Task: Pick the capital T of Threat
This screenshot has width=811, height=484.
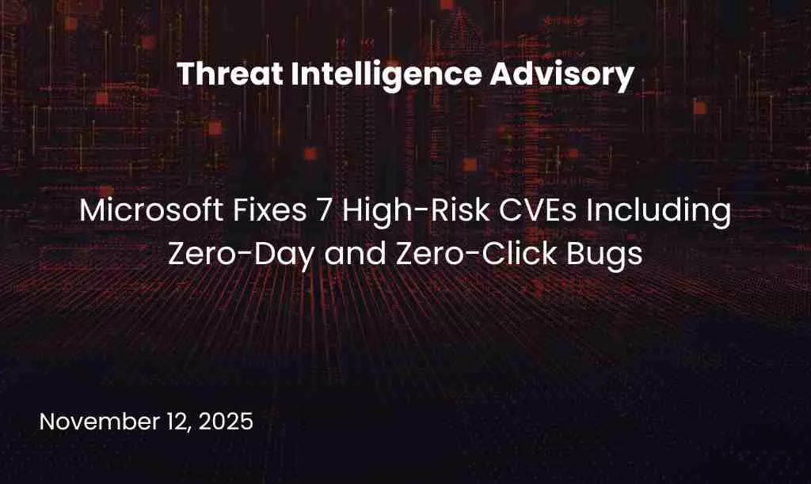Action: click(185, 74)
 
